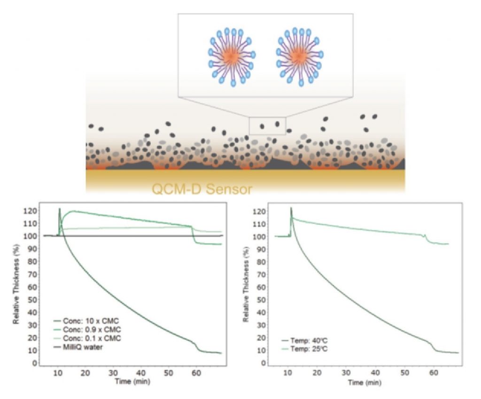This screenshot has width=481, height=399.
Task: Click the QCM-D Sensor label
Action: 202,190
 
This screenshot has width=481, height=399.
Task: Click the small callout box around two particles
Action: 268,125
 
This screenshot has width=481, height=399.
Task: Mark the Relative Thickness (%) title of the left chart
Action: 16,286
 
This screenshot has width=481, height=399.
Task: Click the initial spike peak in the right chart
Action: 291,207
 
